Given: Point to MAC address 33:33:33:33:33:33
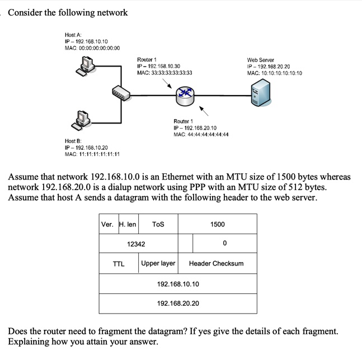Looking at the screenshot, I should [164, 73].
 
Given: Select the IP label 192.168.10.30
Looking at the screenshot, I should [159, 66].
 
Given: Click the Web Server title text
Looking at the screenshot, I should [260, 59].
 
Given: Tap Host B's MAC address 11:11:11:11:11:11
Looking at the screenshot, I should [92, 155].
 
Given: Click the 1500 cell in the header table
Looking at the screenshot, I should [218, 224].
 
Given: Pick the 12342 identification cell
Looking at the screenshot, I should [136, 244].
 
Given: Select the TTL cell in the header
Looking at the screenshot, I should [119, 263].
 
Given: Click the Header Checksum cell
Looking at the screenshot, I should [216, 263].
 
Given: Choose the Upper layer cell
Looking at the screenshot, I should [158, 263].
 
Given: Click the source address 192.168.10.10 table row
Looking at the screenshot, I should [178, 284].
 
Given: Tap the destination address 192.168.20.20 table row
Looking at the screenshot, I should [178, 304].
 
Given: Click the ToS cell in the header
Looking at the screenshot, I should [158, 224].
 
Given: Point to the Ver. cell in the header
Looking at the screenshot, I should [107, 224].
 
